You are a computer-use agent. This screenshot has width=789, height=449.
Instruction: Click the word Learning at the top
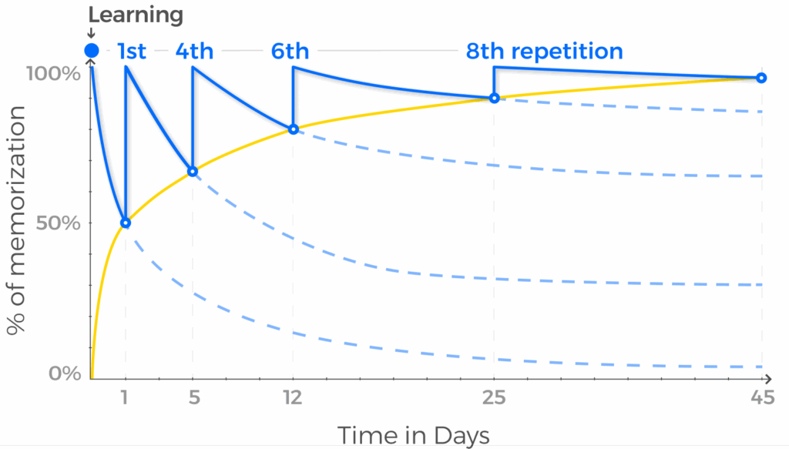click(x=136, y=15)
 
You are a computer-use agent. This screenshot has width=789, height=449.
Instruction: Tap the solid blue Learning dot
click(x=92, y=51)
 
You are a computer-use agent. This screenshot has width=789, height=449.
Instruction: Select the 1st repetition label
click(x=132, y=52)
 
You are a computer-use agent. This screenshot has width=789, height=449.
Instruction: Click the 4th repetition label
click(x=194, y=52)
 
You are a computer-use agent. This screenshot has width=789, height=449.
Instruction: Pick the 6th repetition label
click(x=290, y=52)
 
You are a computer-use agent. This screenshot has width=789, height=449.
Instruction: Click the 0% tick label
click(x=65, y=374)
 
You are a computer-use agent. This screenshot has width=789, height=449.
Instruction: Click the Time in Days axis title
click(x=413, y=435)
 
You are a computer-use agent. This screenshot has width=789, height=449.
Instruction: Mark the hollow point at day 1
click(x=126, y=223)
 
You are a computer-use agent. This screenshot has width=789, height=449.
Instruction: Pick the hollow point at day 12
click(x=293, y=129)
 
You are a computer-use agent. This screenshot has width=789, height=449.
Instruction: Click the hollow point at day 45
click(x=761, y=78)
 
